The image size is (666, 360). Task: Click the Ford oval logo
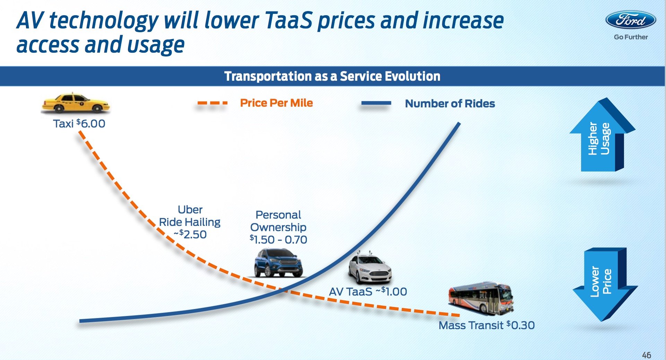click(631, 20)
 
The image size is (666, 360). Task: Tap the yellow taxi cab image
click(75, 103)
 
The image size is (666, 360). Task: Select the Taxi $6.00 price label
click(79, 124)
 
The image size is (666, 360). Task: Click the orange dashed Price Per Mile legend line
click(212, 103)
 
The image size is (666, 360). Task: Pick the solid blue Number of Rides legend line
click(376, 103)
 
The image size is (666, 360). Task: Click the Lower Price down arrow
click(605, 284)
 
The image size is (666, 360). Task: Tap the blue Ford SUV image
click(278, 263)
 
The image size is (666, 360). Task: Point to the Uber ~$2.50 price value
click(190, 235)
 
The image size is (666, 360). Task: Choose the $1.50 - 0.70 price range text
click(278, 240)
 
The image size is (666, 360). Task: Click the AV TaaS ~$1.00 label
click(368, 292)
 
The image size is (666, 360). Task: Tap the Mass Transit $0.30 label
click(486, 325)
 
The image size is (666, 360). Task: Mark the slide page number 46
click(647, 355)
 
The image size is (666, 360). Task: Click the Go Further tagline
click(631, 37)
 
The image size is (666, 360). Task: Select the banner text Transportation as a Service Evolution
click(332, 76)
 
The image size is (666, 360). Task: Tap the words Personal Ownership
click(278, 221)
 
